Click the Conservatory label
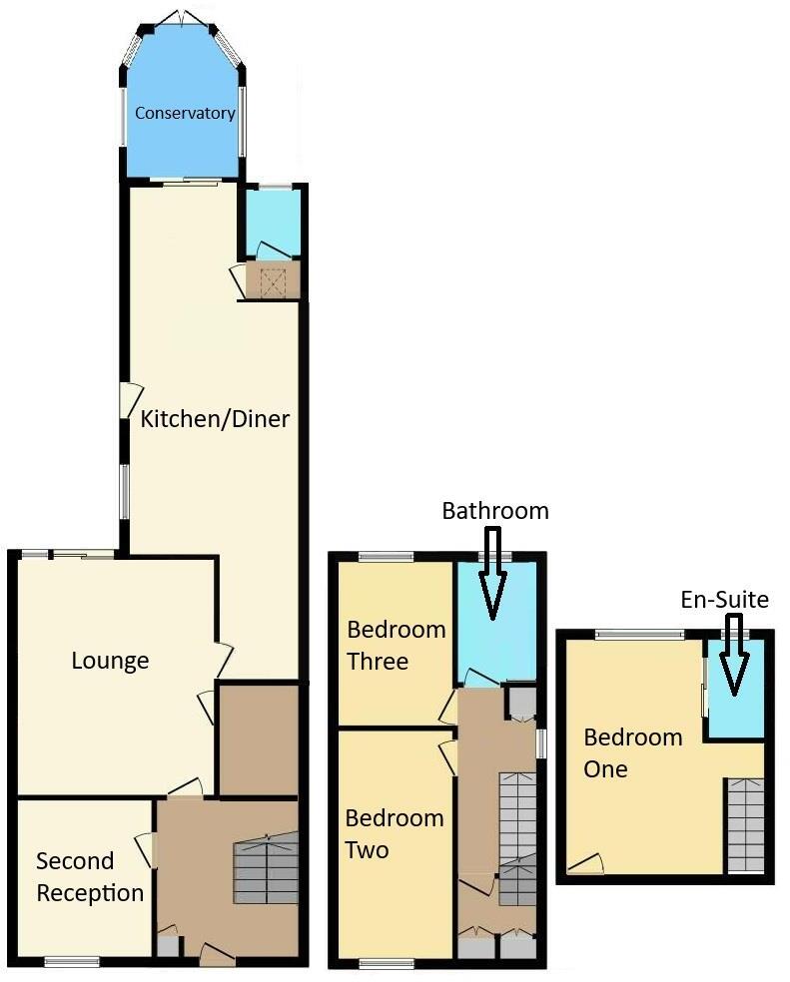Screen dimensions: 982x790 185,113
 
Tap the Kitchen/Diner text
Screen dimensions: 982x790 215,418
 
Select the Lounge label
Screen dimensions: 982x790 110,661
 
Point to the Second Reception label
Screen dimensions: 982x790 90,877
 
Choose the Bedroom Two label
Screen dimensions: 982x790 394,834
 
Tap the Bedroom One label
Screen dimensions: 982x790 632,753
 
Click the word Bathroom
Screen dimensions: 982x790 495,511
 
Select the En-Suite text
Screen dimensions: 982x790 724,600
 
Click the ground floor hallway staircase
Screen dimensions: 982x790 267,870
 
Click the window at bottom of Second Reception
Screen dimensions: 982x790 72,962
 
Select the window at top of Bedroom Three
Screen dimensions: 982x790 387,557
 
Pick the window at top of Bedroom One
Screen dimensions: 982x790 640,635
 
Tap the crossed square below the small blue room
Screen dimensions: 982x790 273,281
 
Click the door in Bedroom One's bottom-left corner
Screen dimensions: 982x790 587,864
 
